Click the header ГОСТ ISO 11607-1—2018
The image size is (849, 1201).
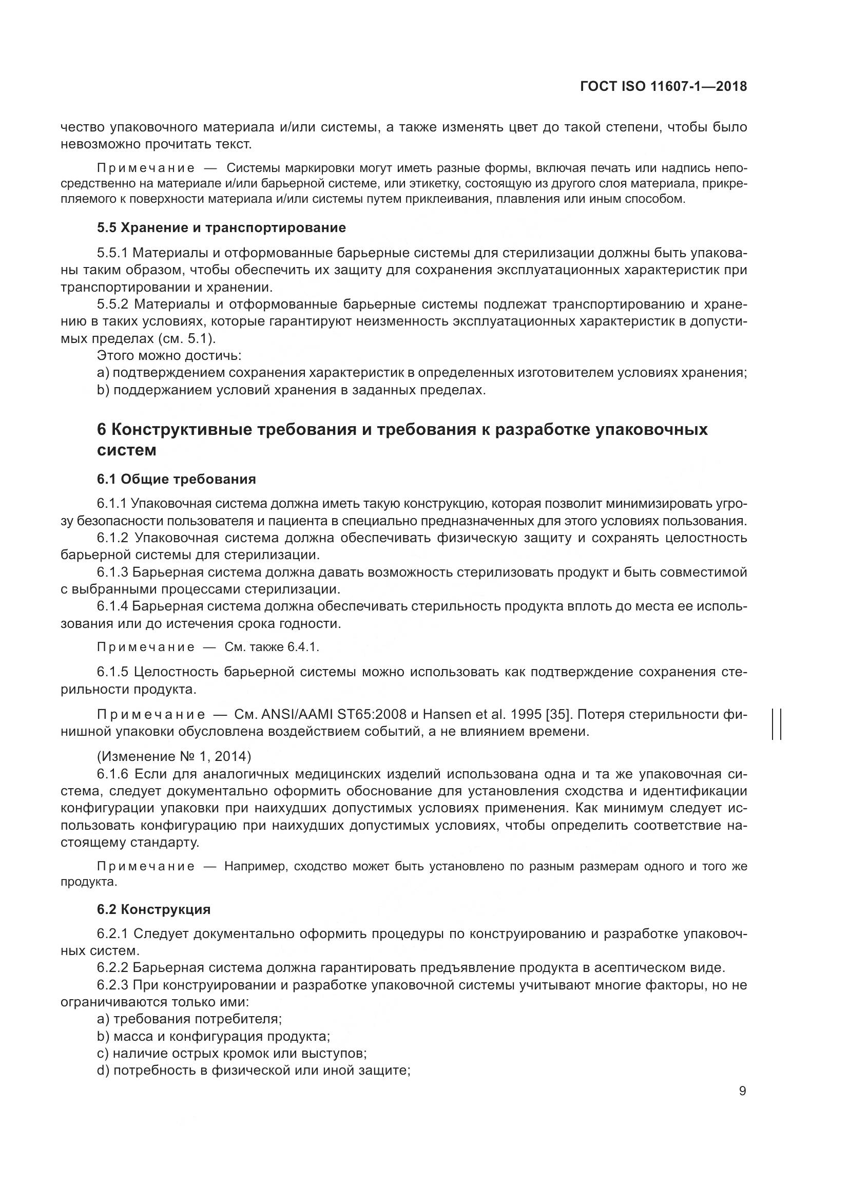coord(663,86)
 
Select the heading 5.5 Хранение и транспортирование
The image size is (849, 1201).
coord(221,227)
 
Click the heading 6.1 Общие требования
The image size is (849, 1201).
coord(176,479)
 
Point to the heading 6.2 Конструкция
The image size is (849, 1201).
coord(153,909)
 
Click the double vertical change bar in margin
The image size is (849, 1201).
coord(776,724)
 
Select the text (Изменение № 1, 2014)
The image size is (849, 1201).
coord(174,756)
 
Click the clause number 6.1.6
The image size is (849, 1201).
coord(112,774)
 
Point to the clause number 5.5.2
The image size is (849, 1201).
coord(112,304)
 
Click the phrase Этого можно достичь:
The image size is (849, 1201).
coord(169,356)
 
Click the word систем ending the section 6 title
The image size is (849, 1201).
coord(126,450)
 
